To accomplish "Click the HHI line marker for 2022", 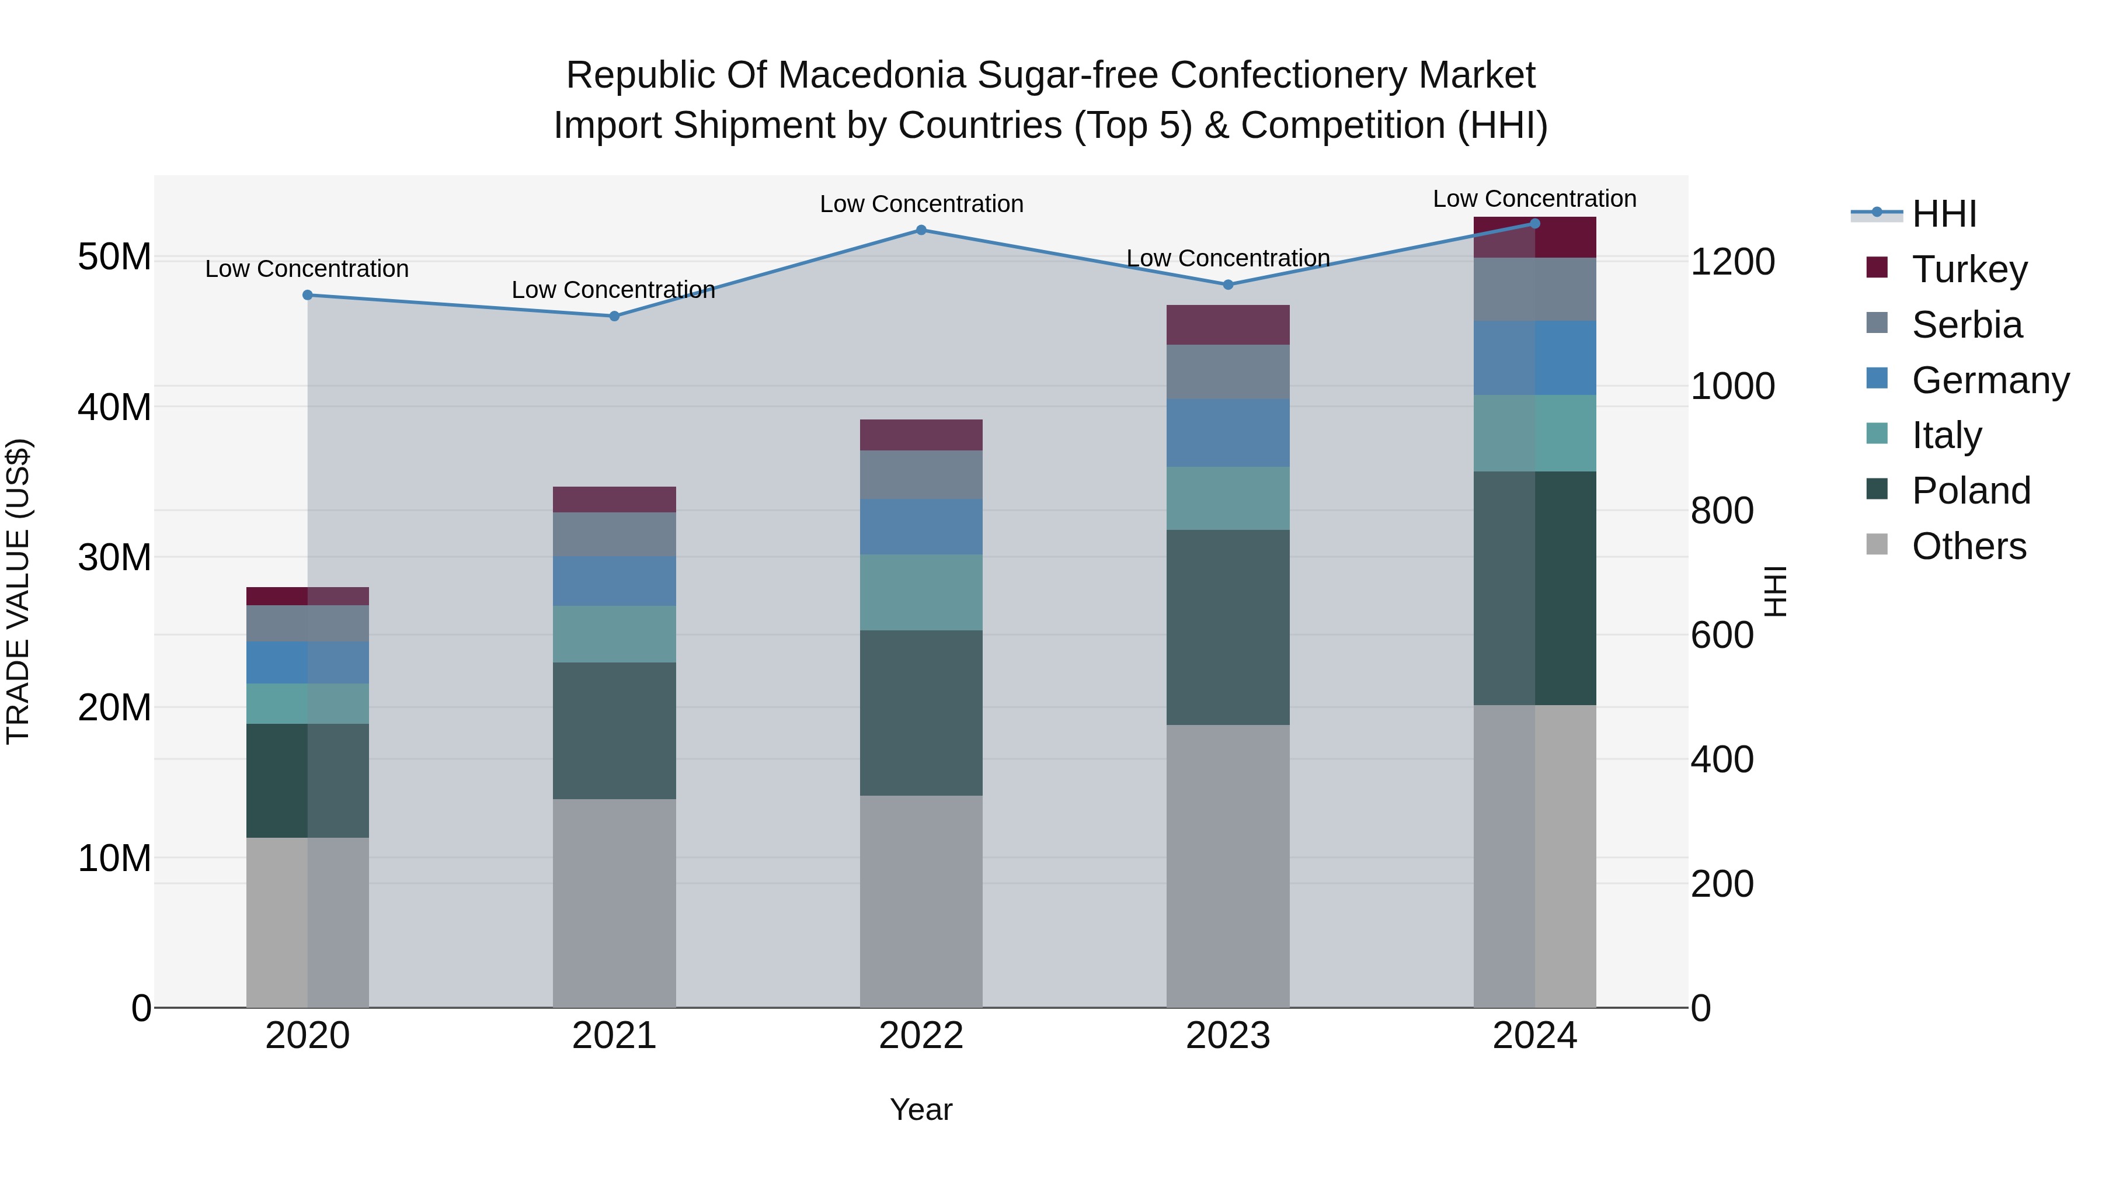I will point(921,230).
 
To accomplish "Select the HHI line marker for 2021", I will point(614,316).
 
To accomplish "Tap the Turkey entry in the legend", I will point(1969,269).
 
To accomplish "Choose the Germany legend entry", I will point(1989,380).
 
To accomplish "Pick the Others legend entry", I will point(1968,546).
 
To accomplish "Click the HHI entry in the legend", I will point(1944,214).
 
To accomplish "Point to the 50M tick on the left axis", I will point(114,257).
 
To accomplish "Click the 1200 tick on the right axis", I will point(1732,262).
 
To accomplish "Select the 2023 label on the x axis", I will point(1227,1036).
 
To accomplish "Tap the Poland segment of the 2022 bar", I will point(921,713).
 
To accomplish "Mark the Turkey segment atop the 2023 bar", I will point(1227,325).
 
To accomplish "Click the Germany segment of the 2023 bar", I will point(1227,433).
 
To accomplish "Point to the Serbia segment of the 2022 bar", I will point(921,474).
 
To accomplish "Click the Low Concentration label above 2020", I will point(307,269).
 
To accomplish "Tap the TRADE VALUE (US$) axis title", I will point(18,591).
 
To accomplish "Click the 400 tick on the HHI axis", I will point(1722,759).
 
